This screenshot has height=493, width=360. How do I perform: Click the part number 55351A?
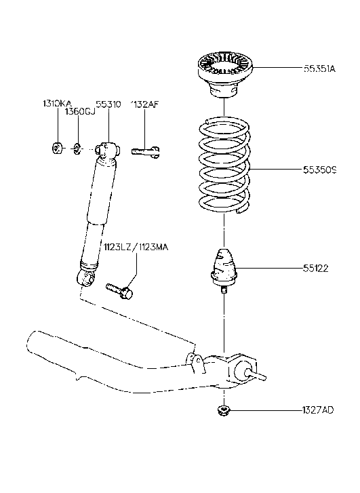pyautogui.click(x=319, y=68)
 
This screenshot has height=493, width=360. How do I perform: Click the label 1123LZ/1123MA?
pyautogui.click(x=135, y=247)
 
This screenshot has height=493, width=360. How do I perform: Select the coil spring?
pyautogui.click(x=223, y=166)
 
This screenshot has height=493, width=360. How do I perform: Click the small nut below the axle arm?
pyautogui.click(x=223, y=411)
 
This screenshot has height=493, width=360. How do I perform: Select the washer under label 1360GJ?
pyautogui.click(x=77, y=148)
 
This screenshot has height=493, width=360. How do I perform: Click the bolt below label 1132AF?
pyautogui.click(x=145, y=153)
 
